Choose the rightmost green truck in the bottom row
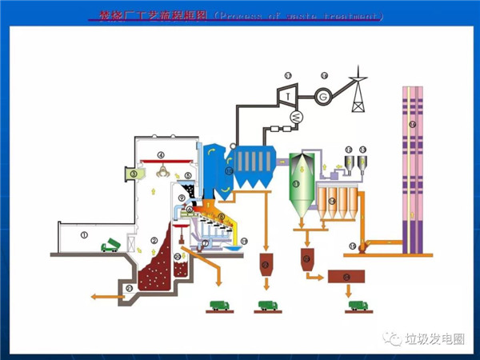357,305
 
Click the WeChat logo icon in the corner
394,339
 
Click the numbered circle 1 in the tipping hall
84,234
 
